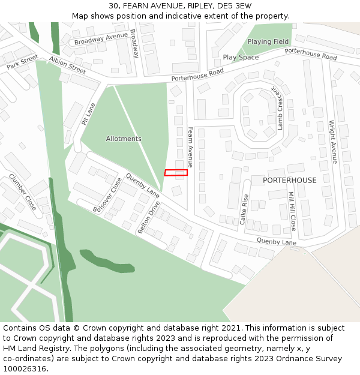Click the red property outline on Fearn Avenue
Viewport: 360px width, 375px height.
176,173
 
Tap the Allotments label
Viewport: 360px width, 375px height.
124,139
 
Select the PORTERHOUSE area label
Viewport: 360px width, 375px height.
290,180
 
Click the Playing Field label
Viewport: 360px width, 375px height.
268,42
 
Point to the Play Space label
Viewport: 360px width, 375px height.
241,58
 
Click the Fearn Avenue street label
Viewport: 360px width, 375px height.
191,146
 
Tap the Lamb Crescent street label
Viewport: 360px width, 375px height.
279,107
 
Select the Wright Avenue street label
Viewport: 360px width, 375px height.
333,142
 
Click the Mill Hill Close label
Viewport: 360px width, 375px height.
292,211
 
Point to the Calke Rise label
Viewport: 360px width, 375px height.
245,209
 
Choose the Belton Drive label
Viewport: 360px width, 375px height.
149,217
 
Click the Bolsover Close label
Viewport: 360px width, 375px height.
108,194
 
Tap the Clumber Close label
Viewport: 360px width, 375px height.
23,192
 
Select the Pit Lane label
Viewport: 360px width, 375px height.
89,113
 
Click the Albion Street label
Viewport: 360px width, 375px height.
68,65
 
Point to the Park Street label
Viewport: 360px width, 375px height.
22,62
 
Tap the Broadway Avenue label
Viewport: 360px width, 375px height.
101,39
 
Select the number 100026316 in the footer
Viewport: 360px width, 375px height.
25,369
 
